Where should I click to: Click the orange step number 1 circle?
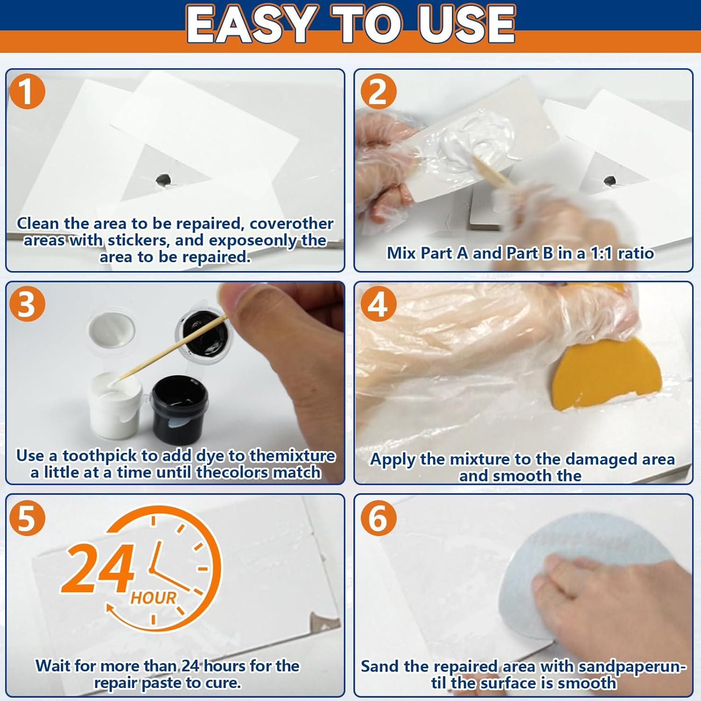pos(27,92)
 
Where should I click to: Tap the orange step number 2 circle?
pos(378,92)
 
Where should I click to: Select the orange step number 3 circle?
pos(27,304)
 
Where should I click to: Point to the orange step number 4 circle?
pos(378,304)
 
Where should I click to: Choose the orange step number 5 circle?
pos(27,518)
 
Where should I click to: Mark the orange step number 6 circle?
pos(378,518)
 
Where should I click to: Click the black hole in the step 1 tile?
pos(163,179)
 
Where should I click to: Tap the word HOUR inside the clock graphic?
pos(153,598)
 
